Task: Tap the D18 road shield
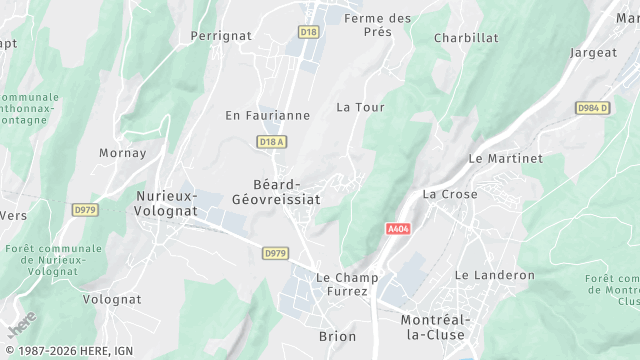(x=309, y=32)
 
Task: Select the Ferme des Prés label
(x=378, y=24)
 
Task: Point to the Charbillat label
(x=466, y=38)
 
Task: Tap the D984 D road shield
(x=593, y=107)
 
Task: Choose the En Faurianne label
(x=267, y=115)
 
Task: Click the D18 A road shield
(x=272, y=142)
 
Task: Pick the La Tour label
(x=360, y=106)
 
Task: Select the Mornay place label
(x=123, y=153)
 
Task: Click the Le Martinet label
(x=506, y=158)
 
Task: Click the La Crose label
(x=450, y=194)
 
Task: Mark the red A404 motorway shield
(x=398, y=229)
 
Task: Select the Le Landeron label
(x=495, y=275)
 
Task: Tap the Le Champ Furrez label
(x=341, y=283)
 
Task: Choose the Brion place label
(x=337, y=337)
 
